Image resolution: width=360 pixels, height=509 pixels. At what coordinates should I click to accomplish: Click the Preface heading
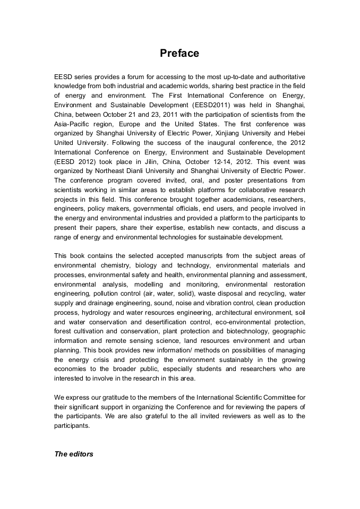click(x=179, y=53)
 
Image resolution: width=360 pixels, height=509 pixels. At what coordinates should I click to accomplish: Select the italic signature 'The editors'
click(x=74, y=454)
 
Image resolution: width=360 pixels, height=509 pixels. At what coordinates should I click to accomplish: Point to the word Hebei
click(x=295, y=133)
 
